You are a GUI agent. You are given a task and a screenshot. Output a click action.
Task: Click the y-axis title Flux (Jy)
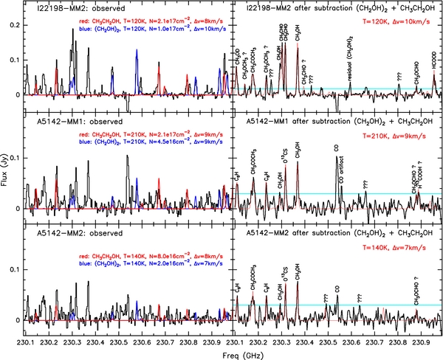click(7, 170)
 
